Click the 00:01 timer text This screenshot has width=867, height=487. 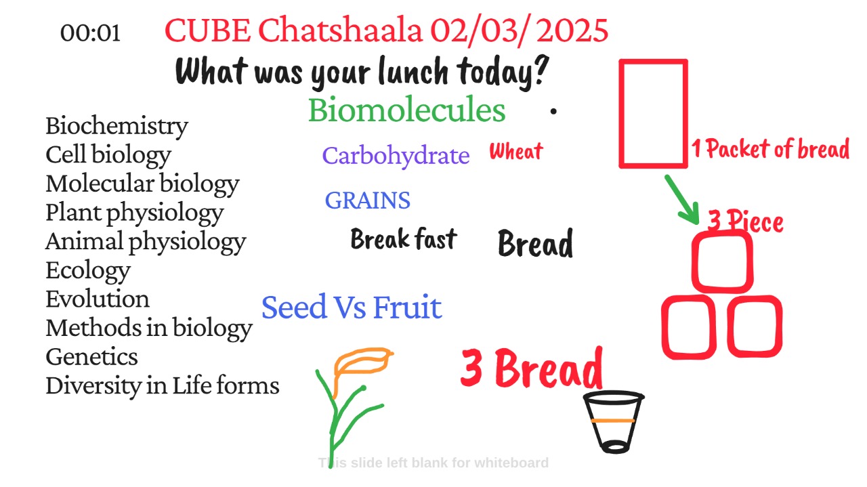pos(90,33)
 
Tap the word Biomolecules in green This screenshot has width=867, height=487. pos(407,110)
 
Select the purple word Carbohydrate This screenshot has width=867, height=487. pos(396,156)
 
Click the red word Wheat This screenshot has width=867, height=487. pos(516,150)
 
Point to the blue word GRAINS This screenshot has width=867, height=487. pos(367,200)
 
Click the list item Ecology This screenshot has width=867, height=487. pos(88,270)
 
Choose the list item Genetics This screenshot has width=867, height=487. pos(91,356)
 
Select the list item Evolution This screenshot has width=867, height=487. pos(98,299)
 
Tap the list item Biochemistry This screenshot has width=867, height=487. pos(117,126)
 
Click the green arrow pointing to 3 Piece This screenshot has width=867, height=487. pos(683,200)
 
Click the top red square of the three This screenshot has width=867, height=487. pos(693,262)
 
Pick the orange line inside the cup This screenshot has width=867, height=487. pos(613,421)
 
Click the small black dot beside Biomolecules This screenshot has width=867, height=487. pos(553,112)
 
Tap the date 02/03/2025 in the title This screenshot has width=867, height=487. pos(519,31)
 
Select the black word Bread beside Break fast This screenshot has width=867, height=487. pos(535,243)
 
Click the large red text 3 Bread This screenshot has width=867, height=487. pos(532,368)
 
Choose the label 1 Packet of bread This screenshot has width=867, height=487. pos(771,149)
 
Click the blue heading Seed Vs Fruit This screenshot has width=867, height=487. pos(352,308)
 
